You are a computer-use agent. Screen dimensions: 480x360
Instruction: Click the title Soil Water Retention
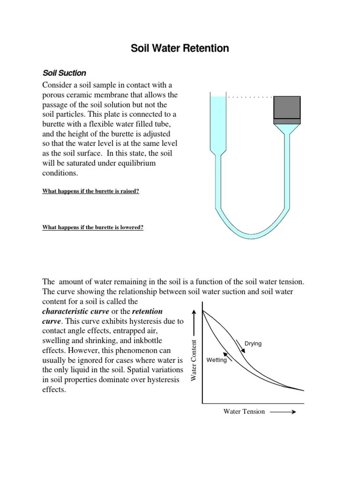pos(180,48)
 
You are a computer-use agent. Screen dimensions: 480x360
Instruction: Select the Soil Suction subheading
pos(64,73)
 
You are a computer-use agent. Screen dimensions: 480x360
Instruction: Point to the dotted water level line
pos(249,97)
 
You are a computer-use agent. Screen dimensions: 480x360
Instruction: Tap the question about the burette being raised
pos(91,191)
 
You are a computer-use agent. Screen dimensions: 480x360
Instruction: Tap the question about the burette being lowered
pos(93,228)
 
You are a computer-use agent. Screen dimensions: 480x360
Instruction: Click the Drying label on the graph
pos(253,344)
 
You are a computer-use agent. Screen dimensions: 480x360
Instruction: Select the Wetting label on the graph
pos(217,360)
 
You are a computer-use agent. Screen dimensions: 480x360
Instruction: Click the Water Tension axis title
pos(244,412)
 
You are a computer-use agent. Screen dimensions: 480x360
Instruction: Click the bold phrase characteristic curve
pos(82,312)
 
